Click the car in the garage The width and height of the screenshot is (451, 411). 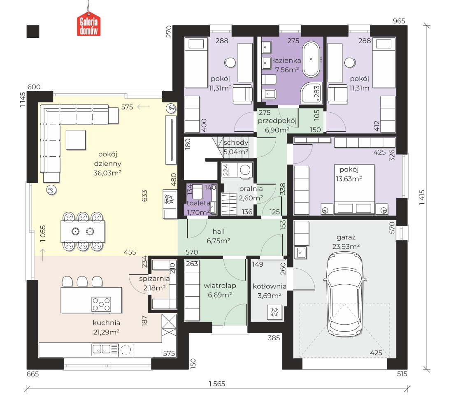click(345, 294)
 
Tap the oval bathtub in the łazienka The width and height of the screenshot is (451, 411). click(311, 59)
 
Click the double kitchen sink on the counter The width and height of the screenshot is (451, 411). click(101, 349)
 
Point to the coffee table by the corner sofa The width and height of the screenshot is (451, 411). click(76, 140)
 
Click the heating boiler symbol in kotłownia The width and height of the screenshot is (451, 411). click(274, 312)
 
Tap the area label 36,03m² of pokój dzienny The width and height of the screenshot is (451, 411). click(107, 173)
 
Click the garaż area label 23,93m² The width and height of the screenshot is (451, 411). click(346, 246)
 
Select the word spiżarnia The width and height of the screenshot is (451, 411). click(154, 279)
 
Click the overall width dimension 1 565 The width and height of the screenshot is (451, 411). click(217, 384)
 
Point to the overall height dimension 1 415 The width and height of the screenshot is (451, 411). click(422, 197)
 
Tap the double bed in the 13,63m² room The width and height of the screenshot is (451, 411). click(354, 189)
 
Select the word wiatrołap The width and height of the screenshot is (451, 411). click(220, 286)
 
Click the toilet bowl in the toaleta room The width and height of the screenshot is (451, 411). click(198, 192)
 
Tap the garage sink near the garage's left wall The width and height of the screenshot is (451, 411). click(300, 253)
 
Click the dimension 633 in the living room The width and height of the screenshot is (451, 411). click(144, 195)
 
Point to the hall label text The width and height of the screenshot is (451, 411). click(219, 231)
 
